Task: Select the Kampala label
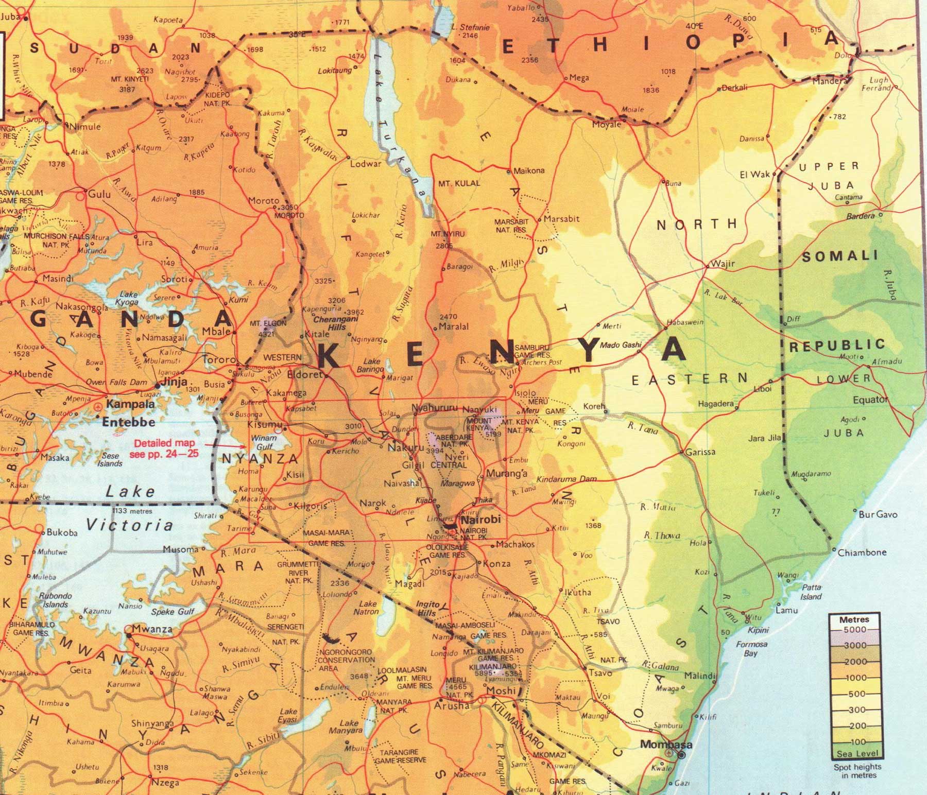[130, 404]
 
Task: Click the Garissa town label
[700, 452]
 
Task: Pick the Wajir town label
[723, 264]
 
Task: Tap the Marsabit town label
[561, 218]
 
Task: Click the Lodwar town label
[366, 164]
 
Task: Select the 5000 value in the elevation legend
[854, 629]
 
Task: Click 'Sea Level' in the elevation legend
[857, 753]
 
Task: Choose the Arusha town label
[452, 705]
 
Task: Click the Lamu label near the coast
[787, 610]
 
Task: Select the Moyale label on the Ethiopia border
[607, 125]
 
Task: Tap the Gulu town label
[99, 194]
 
